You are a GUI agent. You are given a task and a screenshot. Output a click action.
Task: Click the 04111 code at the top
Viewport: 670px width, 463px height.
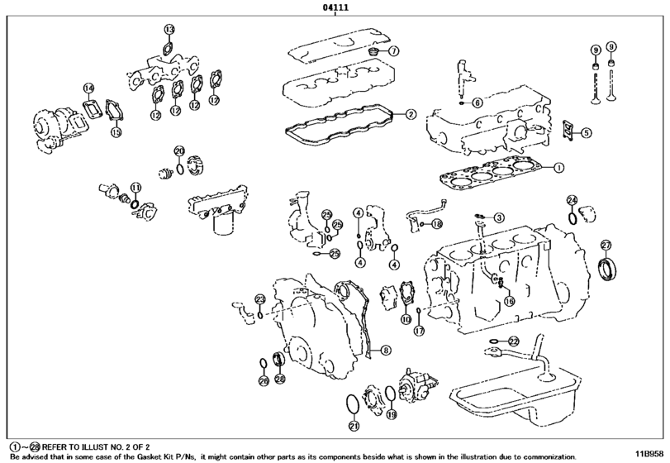pyautogui.click(x=335, y=7)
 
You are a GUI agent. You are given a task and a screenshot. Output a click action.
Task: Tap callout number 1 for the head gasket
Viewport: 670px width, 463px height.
pyautogui.click(x=558, y=168)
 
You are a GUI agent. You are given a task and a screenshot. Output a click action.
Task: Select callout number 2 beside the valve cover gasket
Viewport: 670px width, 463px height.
pyautogui.click(x=411, y=114)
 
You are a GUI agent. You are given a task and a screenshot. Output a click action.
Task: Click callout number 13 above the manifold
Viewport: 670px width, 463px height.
pyautogui.click(x=169, y=29)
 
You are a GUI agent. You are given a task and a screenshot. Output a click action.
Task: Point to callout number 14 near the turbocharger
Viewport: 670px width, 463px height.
pyautogui.click(x=88, y=88)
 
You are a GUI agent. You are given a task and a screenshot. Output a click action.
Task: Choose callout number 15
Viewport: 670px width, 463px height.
pyautogui.click(x=116, y=132)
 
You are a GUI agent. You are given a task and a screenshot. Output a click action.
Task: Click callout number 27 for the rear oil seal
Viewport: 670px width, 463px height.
pyautogui.click(x=606, y=245)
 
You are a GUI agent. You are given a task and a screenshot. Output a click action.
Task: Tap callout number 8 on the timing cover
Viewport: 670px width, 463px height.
pyautogui.click(x=385, y=351)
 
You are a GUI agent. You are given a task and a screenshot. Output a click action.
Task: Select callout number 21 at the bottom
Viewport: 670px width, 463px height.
pyautogui.click(x=354, y=425)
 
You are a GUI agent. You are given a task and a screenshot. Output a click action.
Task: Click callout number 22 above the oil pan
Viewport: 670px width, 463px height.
pyautogui.click(x=514, y=341)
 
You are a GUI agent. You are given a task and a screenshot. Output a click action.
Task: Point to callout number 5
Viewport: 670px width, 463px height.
pyautogui.click(x=587, y=133)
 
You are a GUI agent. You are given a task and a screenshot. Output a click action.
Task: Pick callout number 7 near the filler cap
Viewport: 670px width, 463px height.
pyautogui.click(x=393, y=51)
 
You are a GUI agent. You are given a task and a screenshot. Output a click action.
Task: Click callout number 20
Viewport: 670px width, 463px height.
pyautogui.click(x=179, y=151)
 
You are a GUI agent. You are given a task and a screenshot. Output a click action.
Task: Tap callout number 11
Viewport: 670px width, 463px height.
pyautogui.click(x=135, y=187)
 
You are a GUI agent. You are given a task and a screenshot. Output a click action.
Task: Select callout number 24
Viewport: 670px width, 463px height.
pyautogui.click(x=573, y=200)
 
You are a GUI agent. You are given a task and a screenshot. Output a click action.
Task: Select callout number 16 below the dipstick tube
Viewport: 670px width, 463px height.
pyautogui.click(x=510, y=301)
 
